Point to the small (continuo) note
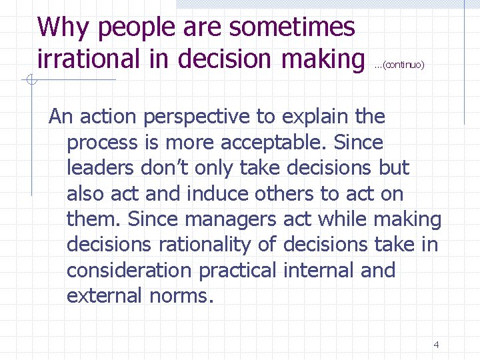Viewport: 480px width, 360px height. pos(400,65)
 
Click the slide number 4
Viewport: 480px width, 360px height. pos(436,345)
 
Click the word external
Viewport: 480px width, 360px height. pos(102,295)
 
